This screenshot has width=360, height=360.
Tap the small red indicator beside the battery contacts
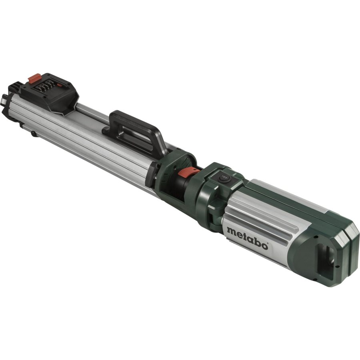[x=60, y=84]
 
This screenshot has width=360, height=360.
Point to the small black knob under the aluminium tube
[x=34, y=134]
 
